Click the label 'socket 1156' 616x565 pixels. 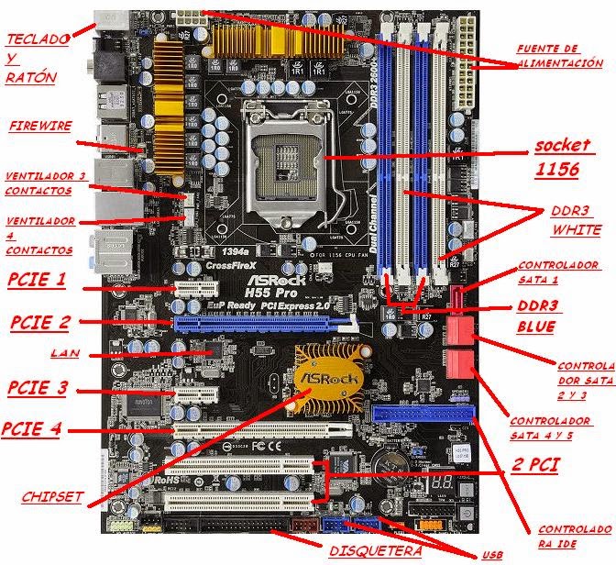point(563,159)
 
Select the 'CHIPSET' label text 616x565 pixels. point(52,496)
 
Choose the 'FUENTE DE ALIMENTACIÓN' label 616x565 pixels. point(559,55)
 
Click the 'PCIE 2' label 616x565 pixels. point(39,322)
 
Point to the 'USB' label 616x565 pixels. point(491,556)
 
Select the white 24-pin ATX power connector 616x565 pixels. point(465,60)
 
